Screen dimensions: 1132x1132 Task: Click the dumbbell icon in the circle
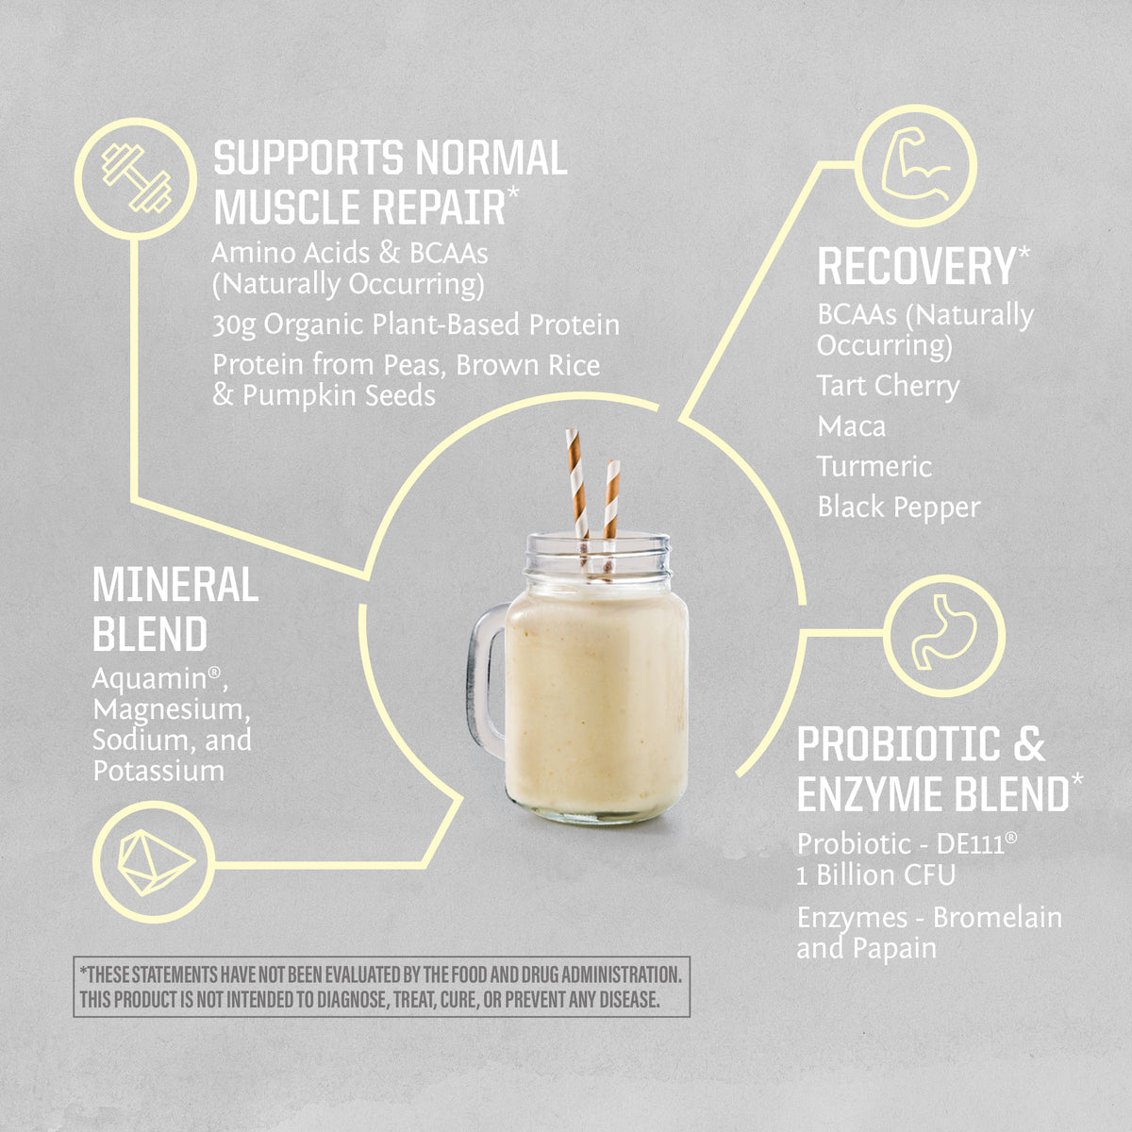(136, 177)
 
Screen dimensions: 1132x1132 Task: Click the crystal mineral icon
(154, 862)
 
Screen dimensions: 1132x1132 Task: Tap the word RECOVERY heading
(915, 267)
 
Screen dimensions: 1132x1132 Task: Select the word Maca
(851, 426)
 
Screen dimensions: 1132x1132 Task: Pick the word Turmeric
(874, 467)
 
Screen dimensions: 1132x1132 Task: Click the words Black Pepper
(898, 508)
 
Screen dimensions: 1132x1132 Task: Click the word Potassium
(158, 771)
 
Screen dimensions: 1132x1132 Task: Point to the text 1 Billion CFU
(875, 875)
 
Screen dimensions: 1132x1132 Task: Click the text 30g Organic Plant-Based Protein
(415, 325)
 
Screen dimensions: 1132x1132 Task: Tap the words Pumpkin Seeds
(339, 395)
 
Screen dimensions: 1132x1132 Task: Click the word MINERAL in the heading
(175, 586)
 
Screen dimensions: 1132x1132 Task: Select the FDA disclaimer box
(381, 987)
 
